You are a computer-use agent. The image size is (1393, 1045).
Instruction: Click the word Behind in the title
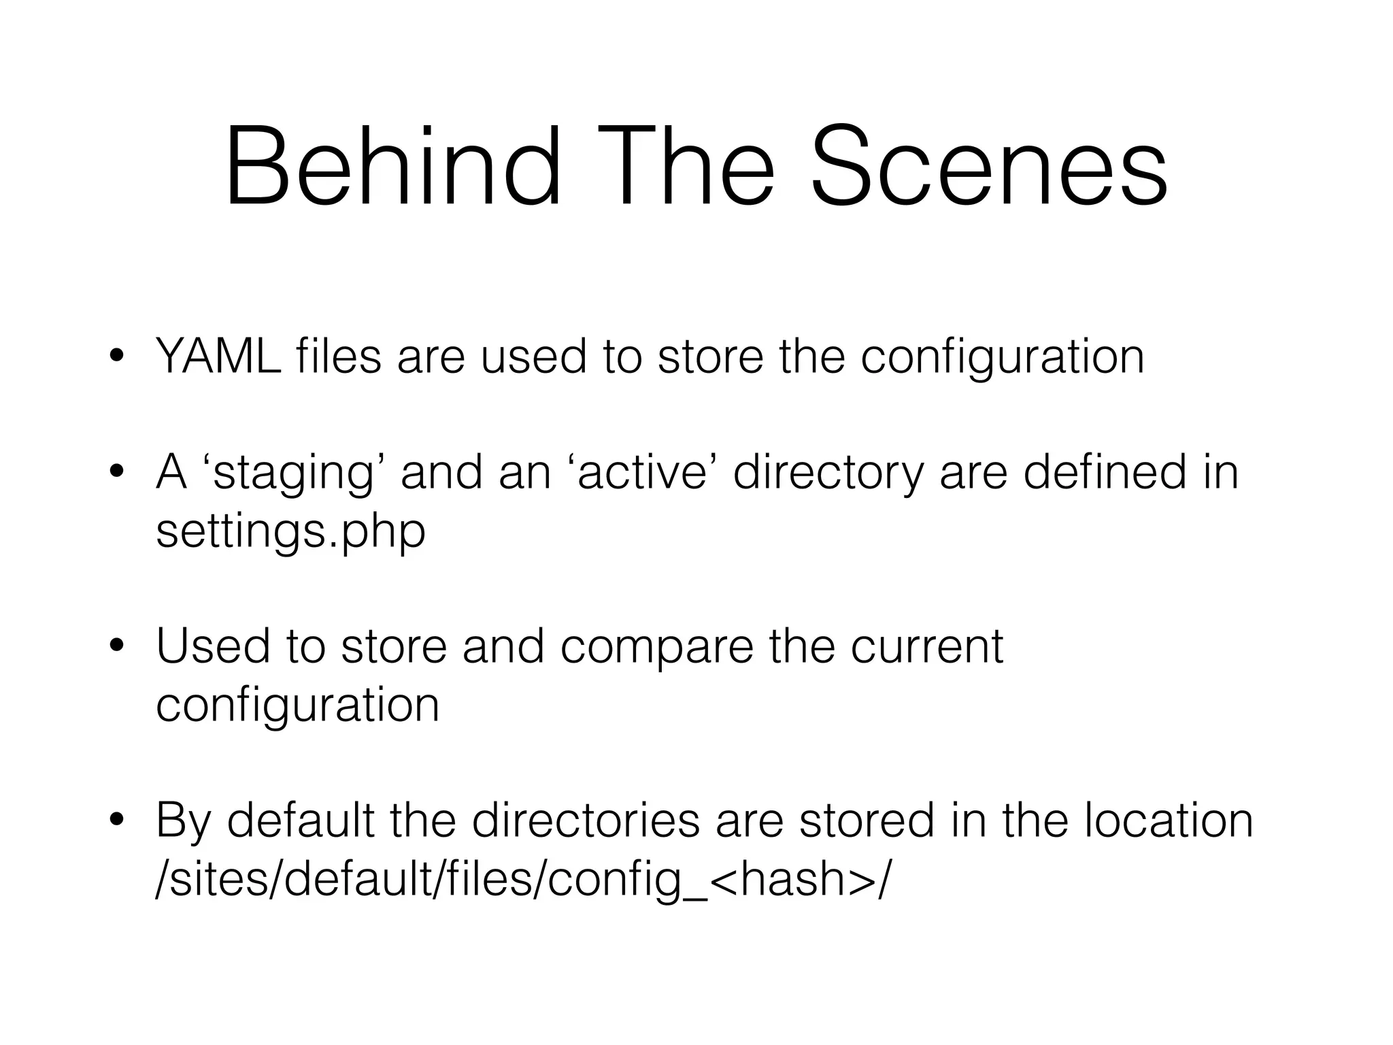point(393,167)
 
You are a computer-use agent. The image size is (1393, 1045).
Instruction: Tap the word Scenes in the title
point(989,167)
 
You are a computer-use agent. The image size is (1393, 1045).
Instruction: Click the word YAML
point(218,356)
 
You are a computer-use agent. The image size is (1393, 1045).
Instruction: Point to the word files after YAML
point(338,356)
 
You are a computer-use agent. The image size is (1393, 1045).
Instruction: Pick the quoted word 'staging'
point(293,474)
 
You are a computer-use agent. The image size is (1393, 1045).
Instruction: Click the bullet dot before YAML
point(117,356)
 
